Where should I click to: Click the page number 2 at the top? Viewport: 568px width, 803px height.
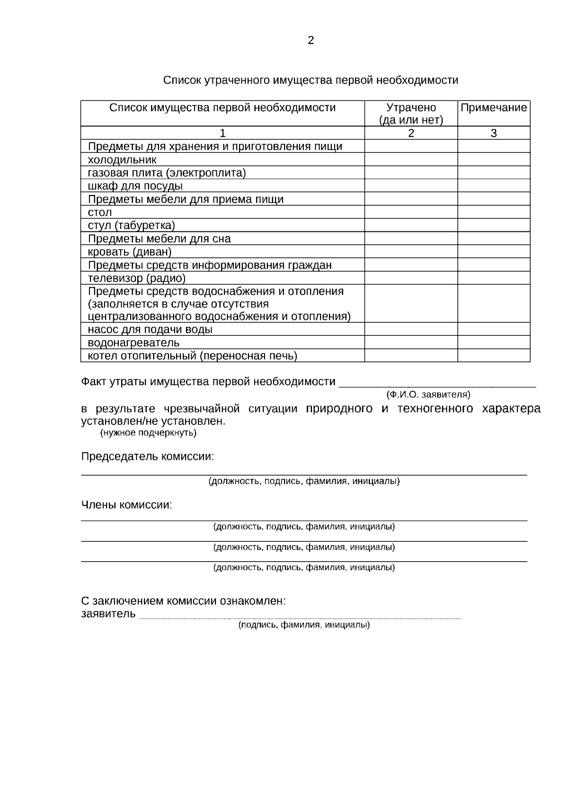tap(311, 41)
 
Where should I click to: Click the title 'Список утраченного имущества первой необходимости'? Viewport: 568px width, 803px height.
tap(311, 80)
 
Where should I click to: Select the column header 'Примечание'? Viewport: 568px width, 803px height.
tap(493, 108)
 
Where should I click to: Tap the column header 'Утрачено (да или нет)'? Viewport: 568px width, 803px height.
tap(411, 114)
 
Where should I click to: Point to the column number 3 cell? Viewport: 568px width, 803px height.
tap(493, 133)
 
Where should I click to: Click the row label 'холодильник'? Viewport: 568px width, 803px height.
tap(122, 160)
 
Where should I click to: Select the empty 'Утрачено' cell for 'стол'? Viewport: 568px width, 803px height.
tap(411, 212)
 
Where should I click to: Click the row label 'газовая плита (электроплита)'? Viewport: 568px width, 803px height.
tap(167, 173)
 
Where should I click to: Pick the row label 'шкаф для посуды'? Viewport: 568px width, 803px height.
tap(135, 186)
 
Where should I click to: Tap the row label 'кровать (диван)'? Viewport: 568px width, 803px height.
tap(130, 252)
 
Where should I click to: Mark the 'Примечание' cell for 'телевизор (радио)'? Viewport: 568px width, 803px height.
tap(493, 278)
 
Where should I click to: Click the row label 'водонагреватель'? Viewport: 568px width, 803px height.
tap(133, 343)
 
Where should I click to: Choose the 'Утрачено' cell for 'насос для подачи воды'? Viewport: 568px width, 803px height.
tap(411, 329)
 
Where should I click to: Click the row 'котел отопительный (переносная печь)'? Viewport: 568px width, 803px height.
tap(192, 356)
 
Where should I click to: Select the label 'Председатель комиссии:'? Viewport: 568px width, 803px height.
tap(148, 457)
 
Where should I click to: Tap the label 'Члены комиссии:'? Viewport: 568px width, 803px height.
tap(127, 505)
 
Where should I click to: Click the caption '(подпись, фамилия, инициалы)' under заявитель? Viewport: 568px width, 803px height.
tap(303, 625)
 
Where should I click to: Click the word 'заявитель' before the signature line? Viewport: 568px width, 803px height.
tap(108, 614)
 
